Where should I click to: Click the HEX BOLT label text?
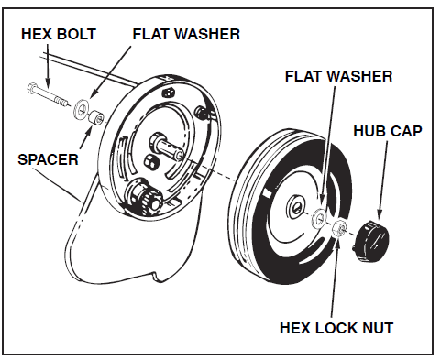click(x=59, y=34)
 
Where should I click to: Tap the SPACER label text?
click(x=48, y=159)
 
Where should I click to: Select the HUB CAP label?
click(x=388, y=131)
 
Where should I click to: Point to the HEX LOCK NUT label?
click(x=336, y=328)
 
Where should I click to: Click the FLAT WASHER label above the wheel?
click(x=338, y=76)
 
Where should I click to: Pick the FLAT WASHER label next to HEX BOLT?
click(x=186, y=34)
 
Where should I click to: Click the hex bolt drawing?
click(x=48, y=94)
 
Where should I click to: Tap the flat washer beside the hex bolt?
click(x=81, y=109)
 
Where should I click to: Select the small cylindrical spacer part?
click(x=96, y=117)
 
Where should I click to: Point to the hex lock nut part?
click(x=339, y=227)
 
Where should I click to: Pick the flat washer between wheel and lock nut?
click(x=319, y=218)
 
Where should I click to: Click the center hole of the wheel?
click(x=296, y=207)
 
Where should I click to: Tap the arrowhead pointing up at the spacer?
click(x=89, y=131)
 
